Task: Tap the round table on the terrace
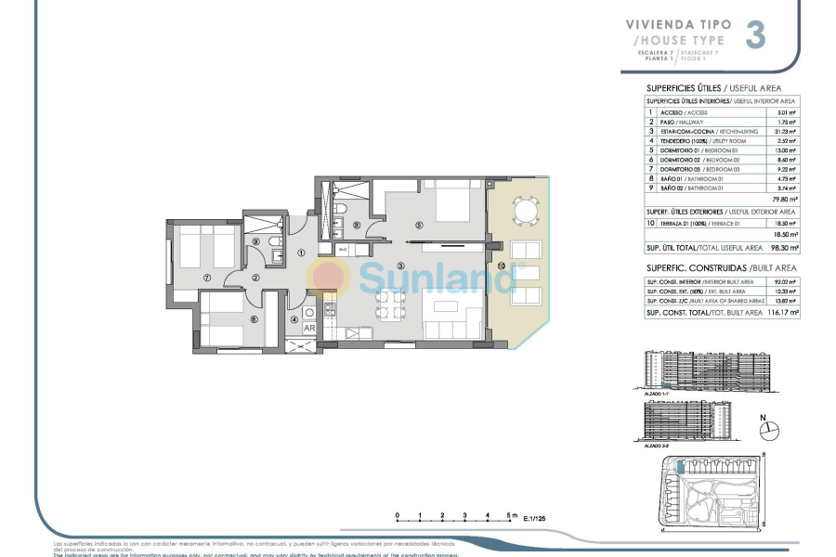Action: click(525, 211)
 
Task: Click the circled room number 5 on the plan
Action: click(419, 224)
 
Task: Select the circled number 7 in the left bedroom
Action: click(207, 277)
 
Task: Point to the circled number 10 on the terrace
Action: click(501, 266)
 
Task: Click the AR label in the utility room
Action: click(308, 328)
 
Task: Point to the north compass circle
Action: click(769, 430)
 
